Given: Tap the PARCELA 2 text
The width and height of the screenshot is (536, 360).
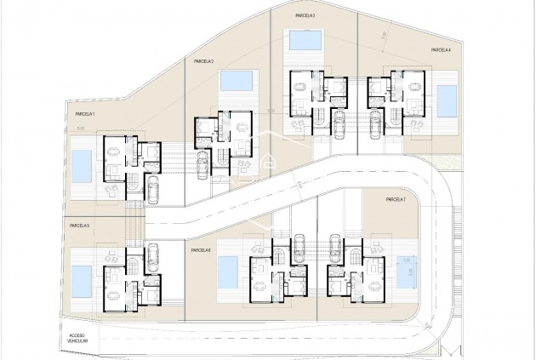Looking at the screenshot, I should (x=202, y=61).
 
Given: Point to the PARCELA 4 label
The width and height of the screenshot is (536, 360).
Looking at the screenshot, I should (x=440, y=49).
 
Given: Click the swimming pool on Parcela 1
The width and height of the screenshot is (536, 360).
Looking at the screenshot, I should (x=81, y=166).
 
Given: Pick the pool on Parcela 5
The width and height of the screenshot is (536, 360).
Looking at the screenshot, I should (x=82, y=277).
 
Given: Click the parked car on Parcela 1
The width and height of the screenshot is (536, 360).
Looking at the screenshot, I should (x=153, y=188).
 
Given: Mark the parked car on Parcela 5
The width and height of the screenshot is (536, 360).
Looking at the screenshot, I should (x=153, y=254).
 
